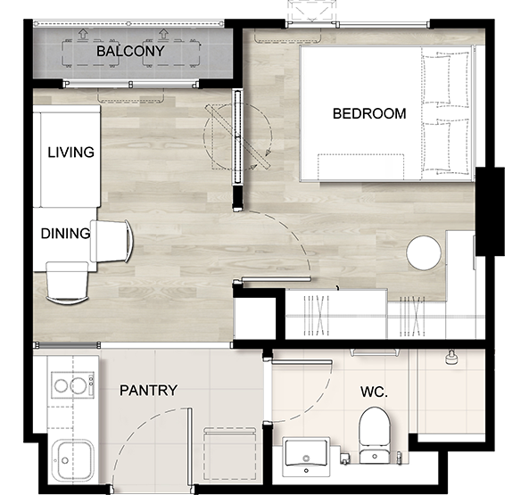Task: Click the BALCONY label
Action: click(130, 51)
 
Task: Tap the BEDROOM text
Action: click(369, 113)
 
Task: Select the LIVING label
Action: click(70, 153)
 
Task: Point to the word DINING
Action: click(65, 234)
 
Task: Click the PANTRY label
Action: click(148, 391)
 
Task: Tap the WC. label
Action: click(374, 392)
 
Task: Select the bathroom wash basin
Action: click(306, 457)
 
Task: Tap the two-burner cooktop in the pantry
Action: click(72, 385)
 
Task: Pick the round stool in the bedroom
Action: click(424, 252)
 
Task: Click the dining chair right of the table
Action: click(112, 241)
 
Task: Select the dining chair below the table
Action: click(67, 284)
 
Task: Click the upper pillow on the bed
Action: click(437, 78)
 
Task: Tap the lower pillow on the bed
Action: click(437, 147)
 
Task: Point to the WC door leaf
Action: click(302, 362)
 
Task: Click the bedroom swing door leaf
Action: click(277, 279)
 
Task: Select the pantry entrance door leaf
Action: click(190, 447)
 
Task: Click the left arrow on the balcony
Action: click(83, 34)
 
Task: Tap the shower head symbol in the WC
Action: click(450, 358)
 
